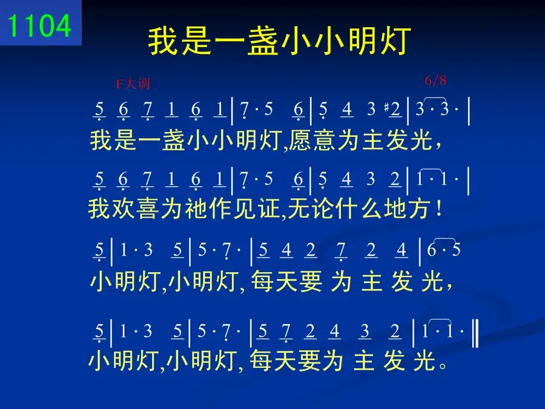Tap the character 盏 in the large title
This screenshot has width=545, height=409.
[263, 41]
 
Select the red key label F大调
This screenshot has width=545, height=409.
[133, 84]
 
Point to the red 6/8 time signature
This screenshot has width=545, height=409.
[435, 81]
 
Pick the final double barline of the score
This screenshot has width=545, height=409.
[475, 334]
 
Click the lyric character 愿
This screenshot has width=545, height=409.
[300, 140]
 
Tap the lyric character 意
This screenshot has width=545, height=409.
[325, 140]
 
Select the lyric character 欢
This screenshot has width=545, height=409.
[124, 208]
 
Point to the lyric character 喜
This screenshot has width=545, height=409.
[148, 208]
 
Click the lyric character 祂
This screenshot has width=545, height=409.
[197, 208]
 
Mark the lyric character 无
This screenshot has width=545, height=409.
[300, 208]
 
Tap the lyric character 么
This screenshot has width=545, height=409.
[372, 208]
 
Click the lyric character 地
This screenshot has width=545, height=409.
[396, 208]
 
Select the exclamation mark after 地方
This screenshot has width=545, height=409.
[440, 208]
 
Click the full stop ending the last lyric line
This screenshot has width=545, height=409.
[443, 365]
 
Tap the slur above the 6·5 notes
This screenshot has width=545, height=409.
[445, 239]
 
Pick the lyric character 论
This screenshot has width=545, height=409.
[324, 208]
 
